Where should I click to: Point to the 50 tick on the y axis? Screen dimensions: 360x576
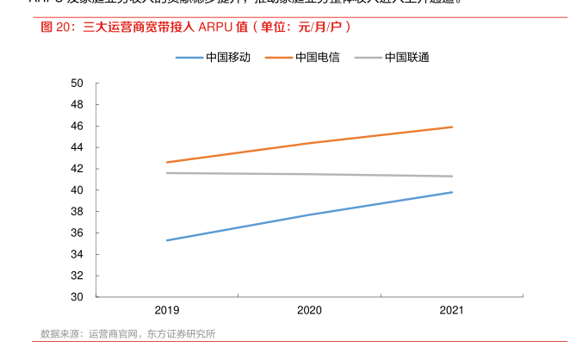[x=77, y=84]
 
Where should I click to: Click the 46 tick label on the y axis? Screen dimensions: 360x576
[x=77, y=126]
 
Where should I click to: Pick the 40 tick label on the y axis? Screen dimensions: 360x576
[x=77, y=190]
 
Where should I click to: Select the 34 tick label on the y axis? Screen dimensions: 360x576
[x=77, y=254]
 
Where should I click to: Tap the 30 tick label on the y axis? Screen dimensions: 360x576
[x=77, y=297]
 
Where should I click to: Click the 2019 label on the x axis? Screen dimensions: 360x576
[x=167, y=310]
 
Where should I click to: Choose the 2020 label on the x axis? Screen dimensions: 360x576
[x=309, y=310]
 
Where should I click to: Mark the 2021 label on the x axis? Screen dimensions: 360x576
[x=452, y=310]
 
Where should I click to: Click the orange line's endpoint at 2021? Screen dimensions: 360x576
[x=452, y=127]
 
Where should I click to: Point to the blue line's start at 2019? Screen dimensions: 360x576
[x=167, y=240]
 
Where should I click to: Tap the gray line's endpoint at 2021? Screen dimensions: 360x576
[x=452, y=177]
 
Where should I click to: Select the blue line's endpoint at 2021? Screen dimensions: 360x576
[x=452, y=192]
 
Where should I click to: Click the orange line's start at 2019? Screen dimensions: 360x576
[x=167, y=162]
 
